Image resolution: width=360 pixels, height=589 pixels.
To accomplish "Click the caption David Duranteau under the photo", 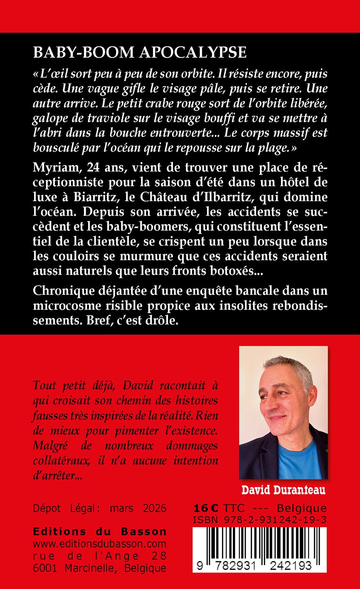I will point(284,490).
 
